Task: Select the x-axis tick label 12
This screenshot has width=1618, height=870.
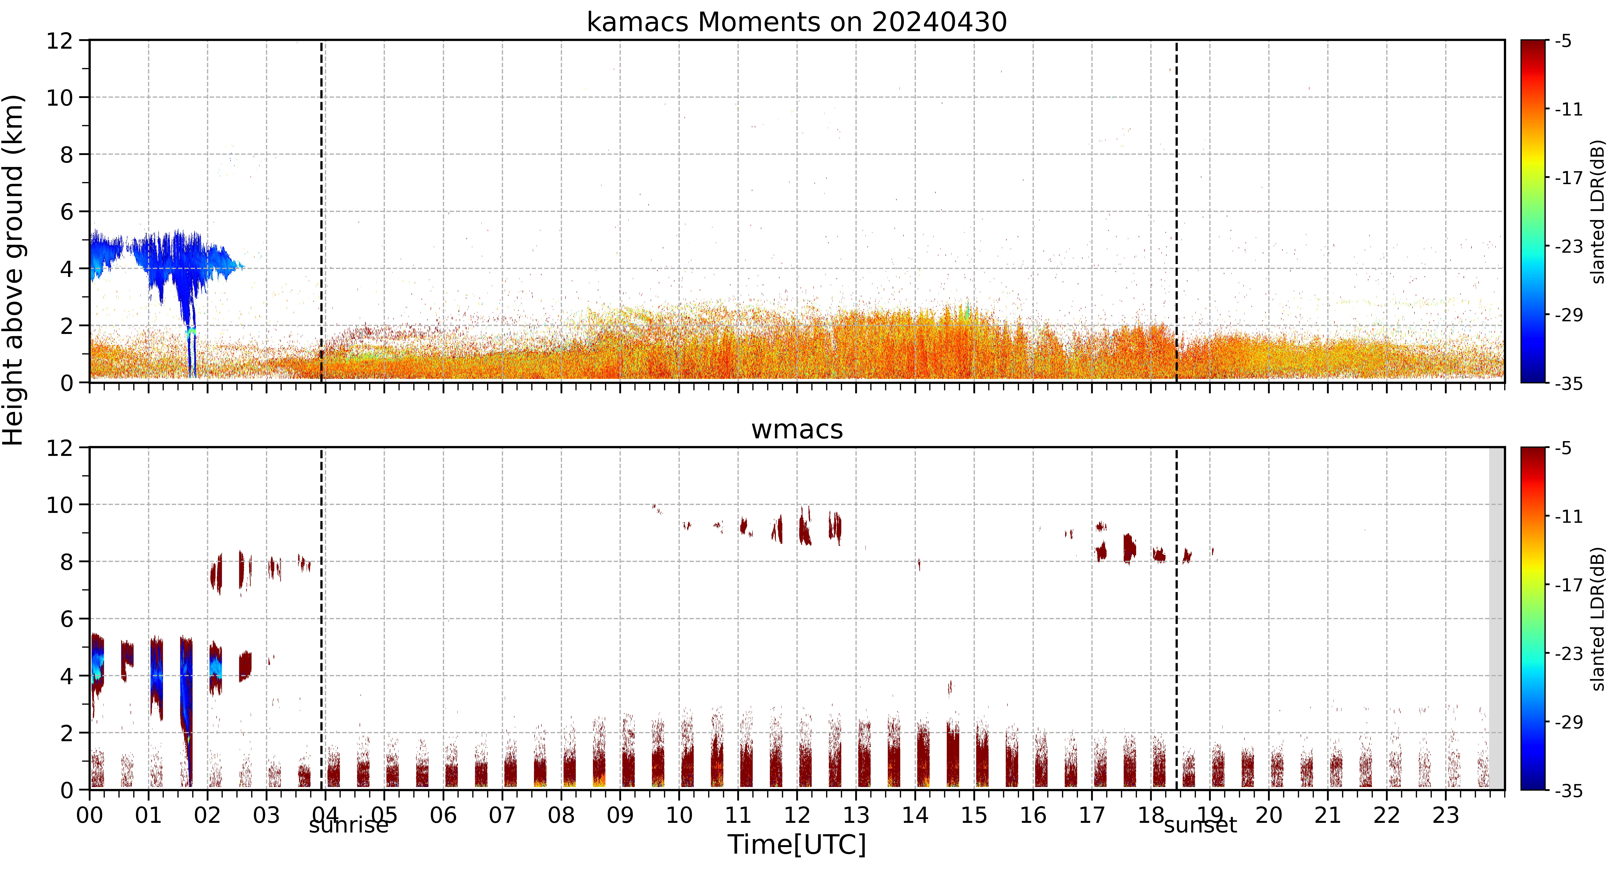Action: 796,815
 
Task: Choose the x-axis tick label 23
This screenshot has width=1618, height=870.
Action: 1445,815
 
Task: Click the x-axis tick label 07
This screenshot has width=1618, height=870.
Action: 502,815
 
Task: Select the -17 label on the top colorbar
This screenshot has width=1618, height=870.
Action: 1568,178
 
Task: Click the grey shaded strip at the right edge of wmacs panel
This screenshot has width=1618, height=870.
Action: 1497,618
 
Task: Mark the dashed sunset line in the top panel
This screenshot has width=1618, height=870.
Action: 1176,211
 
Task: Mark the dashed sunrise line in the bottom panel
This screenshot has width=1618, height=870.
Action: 322,618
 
